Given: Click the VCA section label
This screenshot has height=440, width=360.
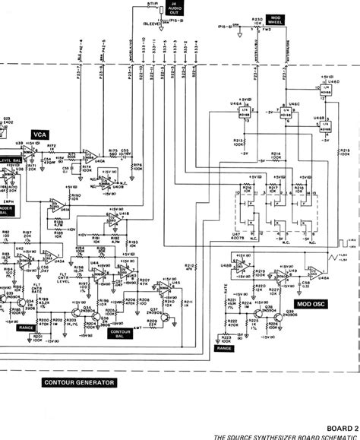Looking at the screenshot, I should (39, 134).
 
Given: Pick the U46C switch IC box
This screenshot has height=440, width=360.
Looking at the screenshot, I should (288, 116).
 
